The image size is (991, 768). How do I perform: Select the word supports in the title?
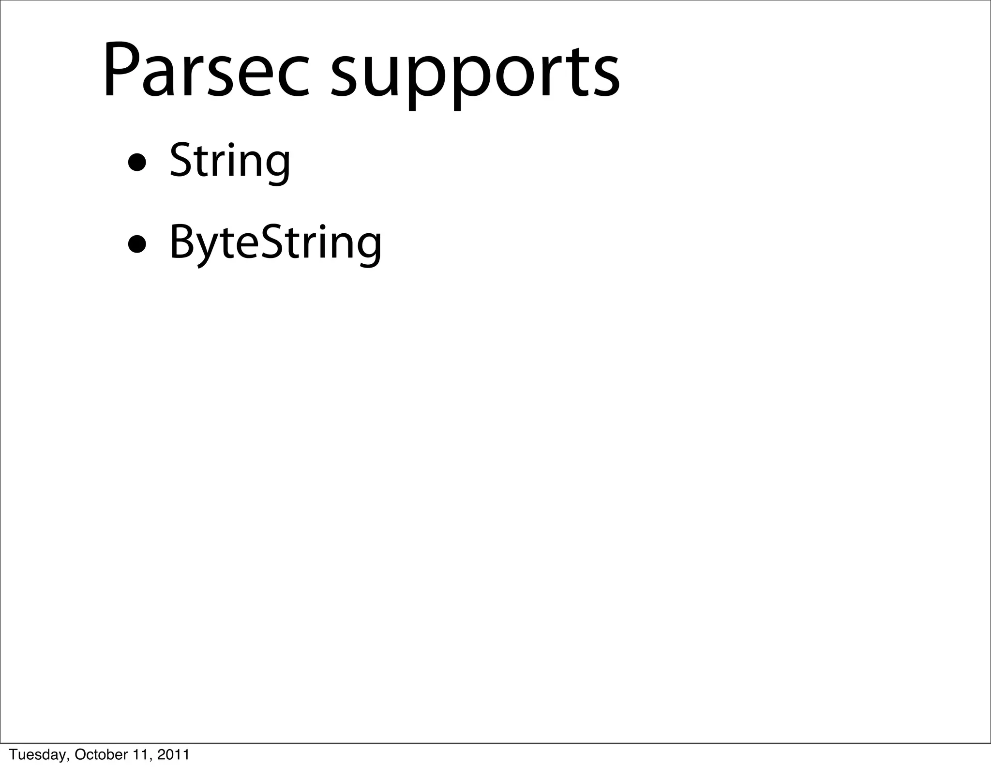click(x=475, y=77)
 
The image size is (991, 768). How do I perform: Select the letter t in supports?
click(x=569, y=75)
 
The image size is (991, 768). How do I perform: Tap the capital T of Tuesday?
click(x=14, y=754)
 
